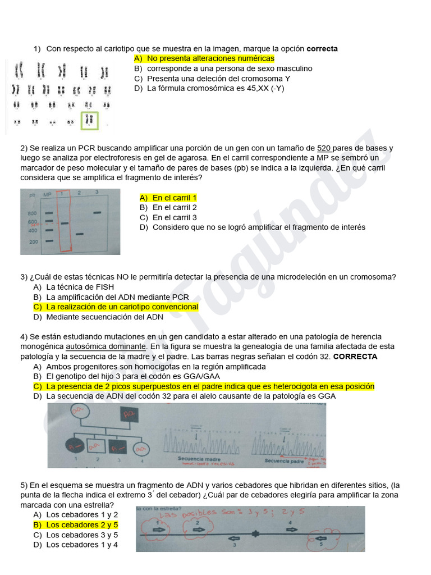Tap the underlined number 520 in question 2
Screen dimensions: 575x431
(324, 148)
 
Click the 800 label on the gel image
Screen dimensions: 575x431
(33, 213)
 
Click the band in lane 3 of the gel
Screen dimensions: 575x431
(97, 212)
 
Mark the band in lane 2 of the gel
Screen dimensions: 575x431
(80, 234)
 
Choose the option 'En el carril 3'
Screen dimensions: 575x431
(174, 217)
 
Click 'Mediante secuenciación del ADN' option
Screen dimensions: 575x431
(104, 317)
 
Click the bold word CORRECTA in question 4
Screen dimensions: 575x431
(355, 357)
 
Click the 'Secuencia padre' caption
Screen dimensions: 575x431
(284, 460)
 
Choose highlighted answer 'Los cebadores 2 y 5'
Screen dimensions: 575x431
(82, 524)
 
